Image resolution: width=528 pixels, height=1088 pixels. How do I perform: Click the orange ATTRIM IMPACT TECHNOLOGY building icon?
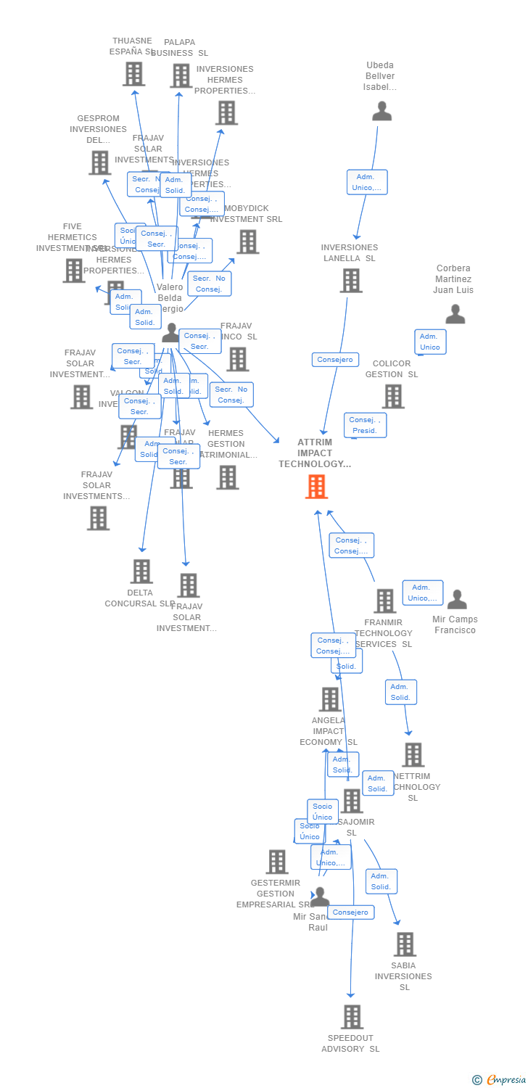tap(316, 487)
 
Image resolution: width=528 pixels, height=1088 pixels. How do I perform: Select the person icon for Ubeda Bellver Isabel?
tap(381, 111)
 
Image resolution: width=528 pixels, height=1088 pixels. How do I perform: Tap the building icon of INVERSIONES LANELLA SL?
tap(351, 280)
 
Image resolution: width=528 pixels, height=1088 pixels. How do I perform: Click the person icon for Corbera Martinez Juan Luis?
tap(455, 314)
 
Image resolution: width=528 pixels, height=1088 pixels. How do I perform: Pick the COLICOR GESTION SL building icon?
tap(393, 396)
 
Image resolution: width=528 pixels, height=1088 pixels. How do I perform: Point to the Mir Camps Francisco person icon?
tap(456, 599)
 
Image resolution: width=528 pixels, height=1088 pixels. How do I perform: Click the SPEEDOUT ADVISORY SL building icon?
tap(352, 1017)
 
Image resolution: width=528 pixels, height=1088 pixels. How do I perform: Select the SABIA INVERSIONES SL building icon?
tap(405, 944)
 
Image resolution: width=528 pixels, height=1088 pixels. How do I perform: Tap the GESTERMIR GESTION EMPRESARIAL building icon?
tap(277, 862)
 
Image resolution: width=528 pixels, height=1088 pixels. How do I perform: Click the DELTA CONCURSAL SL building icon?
tap(141, 571)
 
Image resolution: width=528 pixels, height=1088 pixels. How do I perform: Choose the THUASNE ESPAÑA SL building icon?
tap(133, 74)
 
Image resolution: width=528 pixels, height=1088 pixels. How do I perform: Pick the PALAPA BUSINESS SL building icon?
tap(181, 75)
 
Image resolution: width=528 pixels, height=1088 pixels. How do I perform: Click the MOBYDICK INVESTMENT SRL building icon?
tap(247, 242)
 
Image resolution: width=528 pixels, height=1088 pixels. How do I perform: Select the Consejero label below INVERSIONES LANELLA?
tap(335, 359)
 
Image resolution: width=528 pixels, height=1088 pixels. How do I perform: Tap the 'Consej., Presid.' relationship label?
tap(365, 425)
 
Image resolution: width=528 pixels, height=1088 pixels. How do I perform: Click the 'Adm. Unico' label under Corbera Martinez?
tap(430, 342)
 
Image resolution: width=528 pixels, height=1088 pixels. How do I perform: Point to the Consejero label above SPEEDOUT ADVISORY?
tap(351, 912)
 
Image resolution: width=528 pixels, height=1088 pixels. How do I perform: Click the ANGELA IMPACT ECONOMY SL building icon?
tap(330, 699)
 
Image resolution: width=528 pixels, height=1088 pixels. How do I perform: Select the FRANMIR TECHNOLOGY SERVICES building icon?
tap(384, 601)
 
